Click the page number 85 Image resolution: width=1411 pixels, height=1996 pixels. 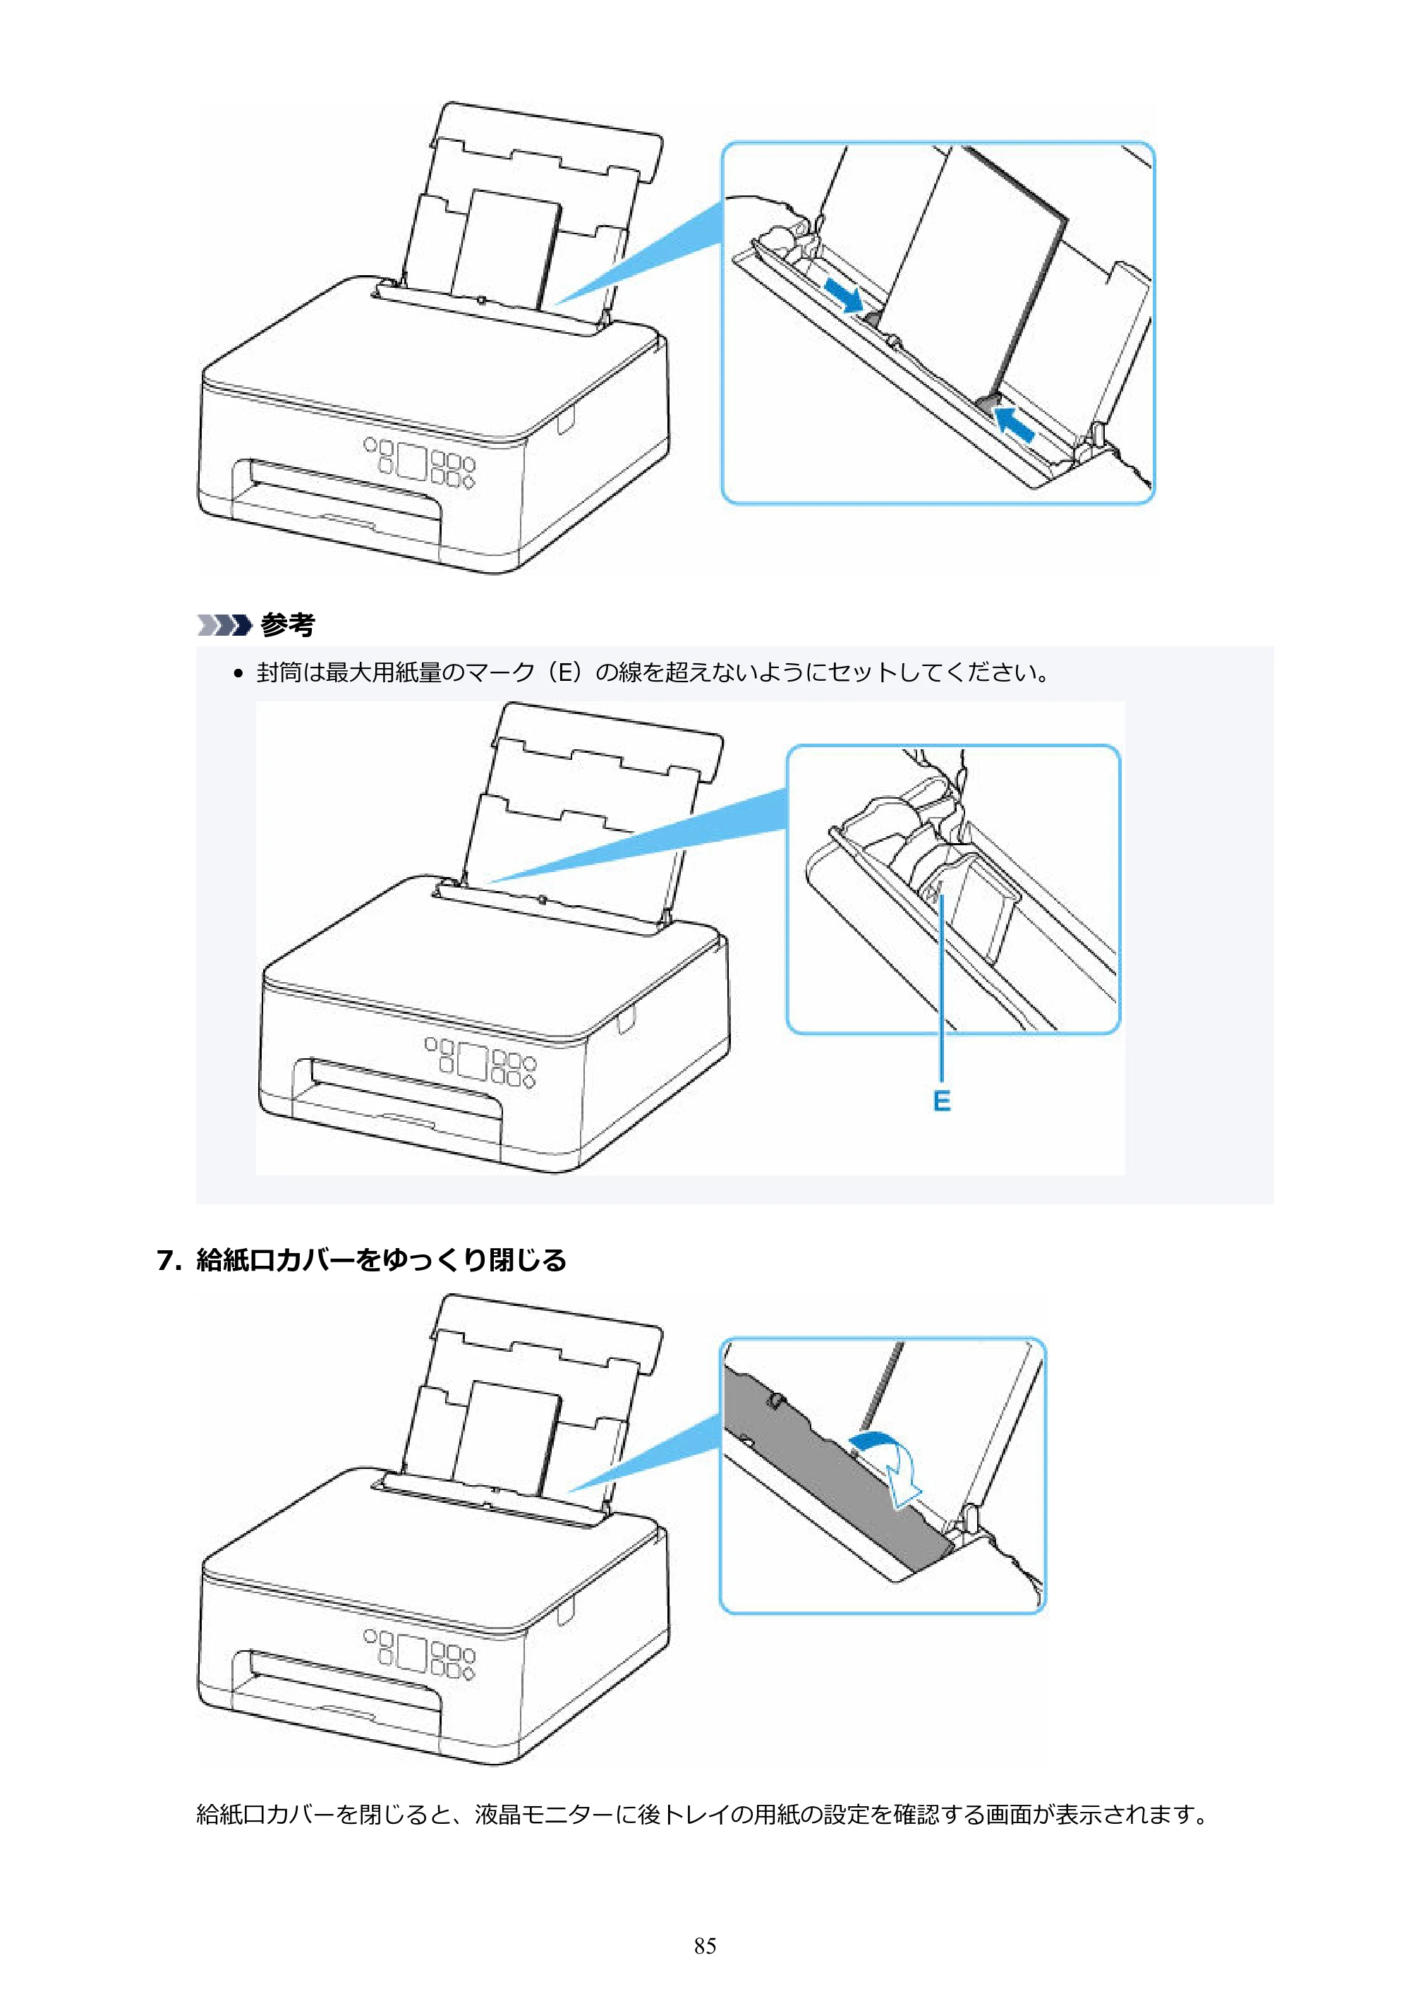(705, 1946)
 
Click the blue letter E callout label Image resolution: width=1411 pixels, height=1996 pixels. (942, 1101)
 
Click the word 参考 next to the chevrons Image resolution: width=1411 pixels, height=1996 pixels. (287, 625)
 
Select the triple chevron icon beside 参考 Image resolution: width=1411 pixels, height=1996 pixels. (224, 625)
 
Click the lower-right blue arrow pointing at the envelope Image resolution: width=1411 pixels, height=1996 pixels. (1015, 423)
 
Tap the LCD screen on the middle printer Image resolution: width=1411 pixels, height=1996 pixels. (472, 1060)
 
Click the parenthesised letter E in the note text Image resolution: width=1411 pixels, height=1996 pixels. (564, 672)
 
